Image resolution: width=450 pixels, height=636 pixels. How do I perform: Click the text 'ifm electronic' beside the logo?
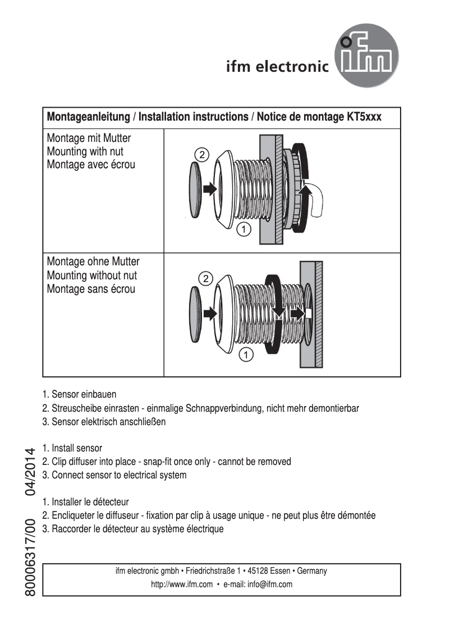[x=277, y=67]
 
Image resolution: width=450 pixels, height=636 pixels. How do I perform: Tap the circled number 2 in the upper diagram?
[x=202, y=154]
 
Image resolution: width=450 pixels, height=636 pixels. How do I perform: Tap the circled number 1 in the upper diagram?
[x=243, y=228]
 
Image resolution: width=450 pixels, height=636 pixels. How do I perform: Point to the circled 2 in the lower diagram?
[x=206, y=278]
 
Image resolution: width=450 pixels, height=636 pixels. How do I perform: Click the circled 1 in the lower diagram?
[x=246, y=354]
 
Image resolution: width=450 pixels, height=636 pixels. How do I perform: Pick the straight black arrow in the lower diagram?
[x=209, y=314]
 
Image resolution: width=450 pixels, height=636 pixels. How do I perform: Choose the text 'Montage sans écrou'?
[x=91, y=289]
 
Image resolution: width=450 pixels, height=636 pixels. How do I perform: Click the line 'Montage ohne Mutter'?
[x=93, y=261]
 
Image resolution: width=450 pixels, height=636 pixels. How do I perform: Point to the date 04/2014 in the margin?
[x=31, y=471]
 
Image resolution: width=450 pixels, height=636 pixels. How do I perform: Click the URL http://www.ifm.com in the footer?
[x=182, y=584]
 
